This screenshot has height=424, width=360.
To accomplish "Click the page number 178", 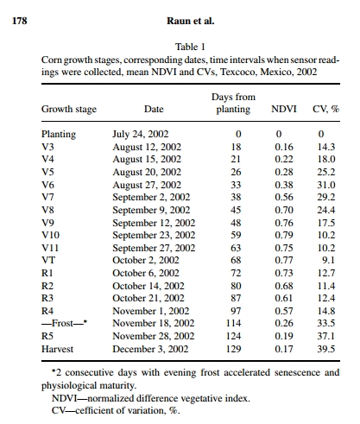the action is (20, 21).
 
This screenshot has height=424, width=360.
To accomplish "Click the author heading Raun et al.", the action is (191, 21).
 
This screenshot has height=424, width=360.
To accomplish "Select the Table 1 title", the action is (190, 47).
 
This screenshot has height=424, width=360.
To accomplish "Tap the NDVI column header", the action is (284, 109).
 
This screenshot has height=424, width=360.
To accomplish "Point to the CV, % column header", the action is (326, 109).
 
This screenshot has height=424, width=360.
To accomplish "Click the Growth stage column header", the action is (69, 110).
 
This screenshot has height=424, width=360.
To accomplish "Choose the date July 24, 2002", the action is (141, 134).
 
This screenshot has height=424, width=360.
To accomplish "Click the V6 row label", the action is (47, 185).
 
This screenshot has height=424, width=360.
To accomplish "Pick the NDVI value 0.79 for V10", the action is (284, 235).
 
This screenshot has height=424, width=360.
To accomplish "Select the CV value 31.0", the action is (326, 185).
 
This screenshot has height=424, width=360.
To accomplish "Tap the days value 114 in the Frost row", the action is (233, 323).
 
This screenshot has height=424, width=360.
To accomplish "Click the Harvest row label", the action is (57, 349).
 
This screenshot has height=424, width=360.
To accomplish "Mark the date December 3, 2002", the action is (150, 349).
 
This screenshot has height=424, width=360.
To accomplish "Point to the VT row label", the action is (48, 260).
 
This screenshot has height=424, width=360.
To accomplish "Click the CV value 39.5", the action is (326, 349).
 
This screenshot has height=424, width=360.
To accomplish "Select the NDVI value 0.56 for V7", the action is (284, 197).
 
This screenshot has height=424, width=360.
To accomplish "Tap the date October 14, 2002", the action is (148, 286).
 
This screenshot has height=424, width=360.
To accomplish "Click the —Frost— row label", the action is (64, 323).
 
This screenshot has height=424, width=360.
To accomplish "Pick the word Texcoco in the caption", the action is (238, 72).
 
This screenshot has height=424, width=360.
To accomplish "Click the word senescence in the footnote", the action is (297, 372).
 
